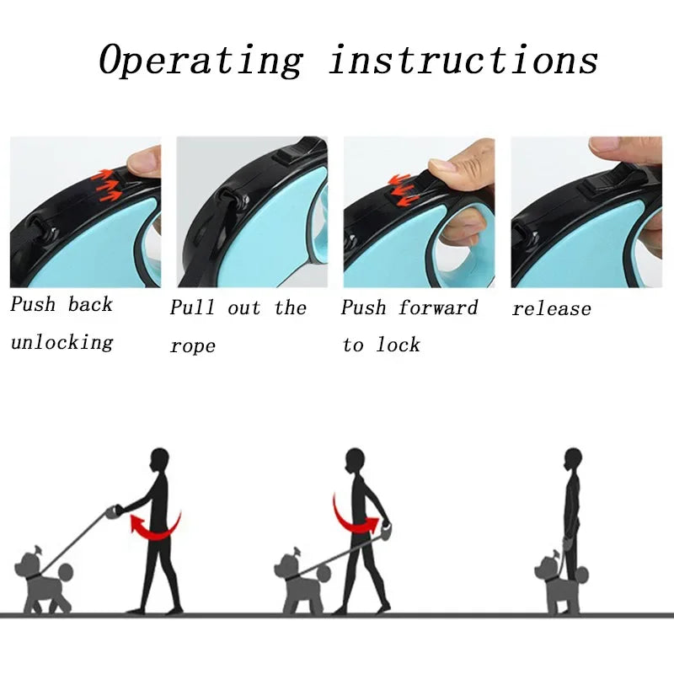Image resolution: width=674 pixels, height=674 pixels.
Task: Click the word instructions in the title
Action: click(x=463, y=61)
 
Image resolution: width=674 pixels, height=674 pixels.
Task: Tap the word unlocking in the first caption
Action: click(x=62, y=342)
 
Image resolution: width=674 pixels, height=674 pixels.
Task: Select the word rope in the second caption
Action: click(x=193, y=346)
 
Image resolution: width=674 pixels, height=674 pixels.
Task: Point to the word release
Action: click(x=551, y=309)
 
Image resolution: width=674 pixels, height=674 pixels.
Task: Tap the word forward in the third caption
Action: click(x=438, y=308)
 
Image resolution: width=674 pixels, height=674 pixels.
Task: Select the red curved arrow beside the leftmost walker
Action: click(x=155, y=525)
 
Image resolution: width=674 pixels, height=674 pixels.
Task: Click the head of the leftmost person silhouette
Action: click(x=158, y=459)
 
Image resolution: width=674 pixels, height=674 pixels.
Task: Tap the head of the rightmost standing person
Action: click(x=573, y=459)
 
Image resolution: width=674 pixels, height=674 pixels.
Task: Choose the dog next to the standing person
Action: click(x=556, y=581)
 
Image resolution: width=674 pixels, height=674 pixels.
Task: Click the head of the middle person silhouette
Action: click(x=355, y=459)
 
